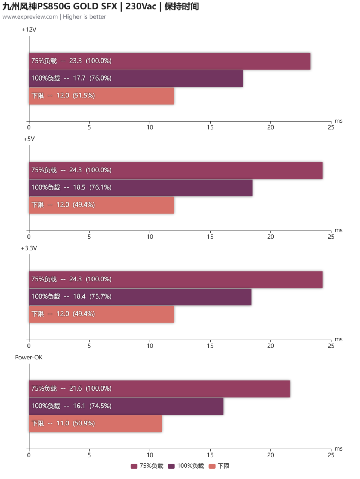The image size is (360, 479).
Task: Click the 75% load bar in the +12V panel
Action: (169, 61)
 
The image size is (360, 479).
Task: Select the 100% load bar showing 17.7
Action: (136, 78)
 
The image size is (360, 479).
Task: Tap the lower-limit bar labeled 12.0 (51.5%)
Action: (101, 96)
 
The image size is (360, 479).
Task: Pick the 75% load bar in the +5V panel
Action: (175, 170)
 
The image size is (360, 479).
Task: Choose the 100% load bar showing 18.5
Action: (141, 188)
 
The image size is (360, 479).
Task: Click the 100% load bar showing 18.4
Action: (140, 297)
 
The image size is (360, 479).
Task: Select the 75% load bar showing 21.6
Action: (159, 389)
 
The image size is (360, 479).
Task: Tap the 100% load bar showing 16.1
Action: (126, 406)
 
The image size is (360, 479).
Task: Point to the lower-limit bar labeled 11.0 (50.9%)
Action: (95, 424)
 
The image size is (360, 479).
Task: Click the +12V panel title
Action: (29, 30)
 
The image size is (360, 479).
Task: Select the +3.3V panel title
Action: (29, 248)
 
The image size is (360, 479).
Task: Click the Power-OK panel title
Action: (28, 358)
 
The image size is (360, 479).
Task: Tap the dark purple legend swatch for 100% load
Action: (172, 466)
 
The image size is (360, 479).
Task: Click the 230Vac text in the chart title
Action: (141, 6)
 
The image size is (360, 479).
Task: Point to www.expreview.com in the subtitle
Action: (30, 17)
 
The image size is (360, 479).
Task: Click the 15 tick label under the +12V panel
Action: (210, 127)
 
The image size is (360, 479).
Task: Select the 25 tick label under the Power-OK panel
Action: (331, 455)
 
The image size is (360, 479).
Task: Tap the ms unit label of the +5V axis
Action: (338, 230)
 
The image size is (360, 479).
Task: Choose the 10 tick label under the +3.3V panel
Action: (150, 346)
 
